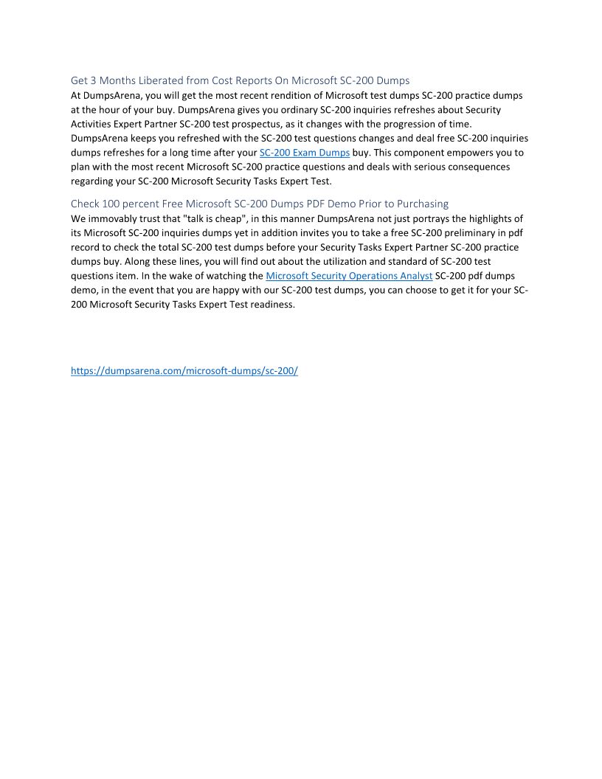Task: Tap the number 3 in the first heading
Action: (93, 80)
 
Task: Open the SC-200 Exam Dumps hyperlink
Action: (305, 153)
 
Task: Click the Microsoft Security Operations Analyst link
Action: (349, 276)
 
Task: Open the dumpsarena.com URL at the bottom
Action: (184, 371)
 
